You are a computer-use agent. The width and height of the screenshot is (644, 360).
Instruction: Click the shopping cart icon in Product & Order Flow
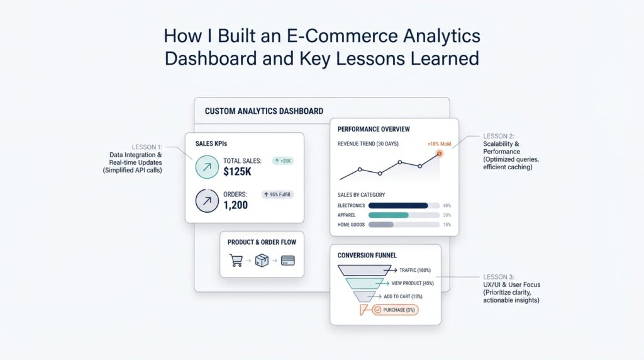[236, 260]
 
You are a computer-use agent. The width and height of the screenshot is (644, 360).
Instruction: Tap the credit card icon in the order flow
[288, 260]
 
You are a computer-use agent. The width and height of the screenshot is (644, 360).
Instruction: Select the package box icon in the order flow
[262, 260]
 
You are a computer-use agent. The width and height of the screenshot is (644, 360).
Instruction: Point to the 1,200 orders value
[236, 205]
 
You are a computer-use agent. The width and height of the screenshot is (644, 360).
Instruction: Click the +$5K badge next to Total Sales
[283, 161]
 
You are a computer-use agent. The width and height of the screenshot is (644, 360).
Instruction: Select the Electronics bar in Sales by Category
[398, 205]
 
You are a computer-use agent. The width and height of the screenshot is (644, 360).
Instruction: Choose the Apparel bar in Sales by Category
[388, 215]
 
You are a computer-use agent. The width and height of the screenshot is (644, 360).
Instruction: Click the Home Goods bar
[380, 225]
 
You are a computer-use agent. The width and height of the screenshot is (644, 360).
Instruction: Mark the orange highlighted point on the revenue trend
[440, 154]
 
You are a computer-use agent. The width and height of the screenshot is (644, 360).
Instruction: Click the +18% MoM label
[439, 144]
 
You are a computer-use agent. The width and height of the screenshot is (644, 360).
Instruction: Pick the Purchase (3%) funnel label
[394, 310]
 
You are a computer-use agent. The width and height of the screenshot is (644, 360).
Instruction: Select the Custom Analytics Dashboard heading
[264, 111]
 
